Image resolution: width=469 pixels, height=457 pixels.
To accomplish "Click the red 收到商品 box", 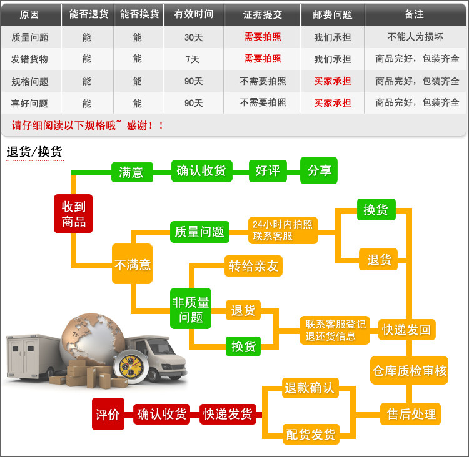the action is (73, 214).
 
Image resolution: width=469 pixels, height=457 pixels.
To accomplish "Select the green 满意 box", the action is (131, 172).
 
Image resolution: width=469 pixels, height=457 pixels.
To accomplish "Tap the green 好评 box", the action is (268, 170).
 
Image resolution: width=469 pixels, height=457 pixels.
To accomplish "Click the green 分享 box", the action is (319, 170).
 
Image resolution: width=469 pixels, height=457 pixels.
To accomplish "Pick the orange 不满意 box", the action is (132, 264).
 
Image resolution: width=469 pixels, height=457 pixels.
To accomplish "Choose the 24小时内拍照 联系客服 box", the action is (283, 230).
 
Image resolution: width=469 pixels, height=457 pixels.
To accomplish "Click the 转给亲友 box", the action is (253, 266).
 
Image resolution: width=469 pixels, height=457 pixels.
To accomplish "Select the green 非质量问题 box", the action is (191, 308).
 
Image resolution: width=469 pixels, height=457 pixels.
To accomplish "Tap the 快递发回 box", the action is (406, 330).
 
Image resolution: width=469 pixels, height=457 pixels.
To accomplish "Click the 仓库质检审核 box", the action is (409, 370).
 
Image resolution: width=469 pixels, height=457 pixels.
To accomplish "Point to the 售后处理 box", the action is (411, 413).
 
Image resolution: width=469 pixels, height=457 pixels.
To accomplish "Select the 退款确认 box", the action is (309, 388).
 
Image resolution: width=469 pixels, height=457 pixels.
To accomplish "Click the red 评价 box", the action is (108, 413).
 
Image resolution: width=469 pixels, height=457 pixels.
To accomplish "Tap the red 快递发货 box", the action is (228, 413).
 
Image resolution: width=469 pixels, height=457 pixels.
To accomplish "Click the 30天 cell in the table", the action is (193, 37).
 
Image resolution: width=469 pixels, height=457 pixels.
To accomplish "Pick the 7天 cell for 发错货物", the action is (193, 59).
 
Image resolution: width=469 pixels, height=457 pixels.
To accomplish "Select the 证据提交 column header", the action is (262, 14).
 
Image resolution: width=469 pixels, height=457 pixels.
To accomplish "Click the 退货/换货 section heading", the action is (34, 152).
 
